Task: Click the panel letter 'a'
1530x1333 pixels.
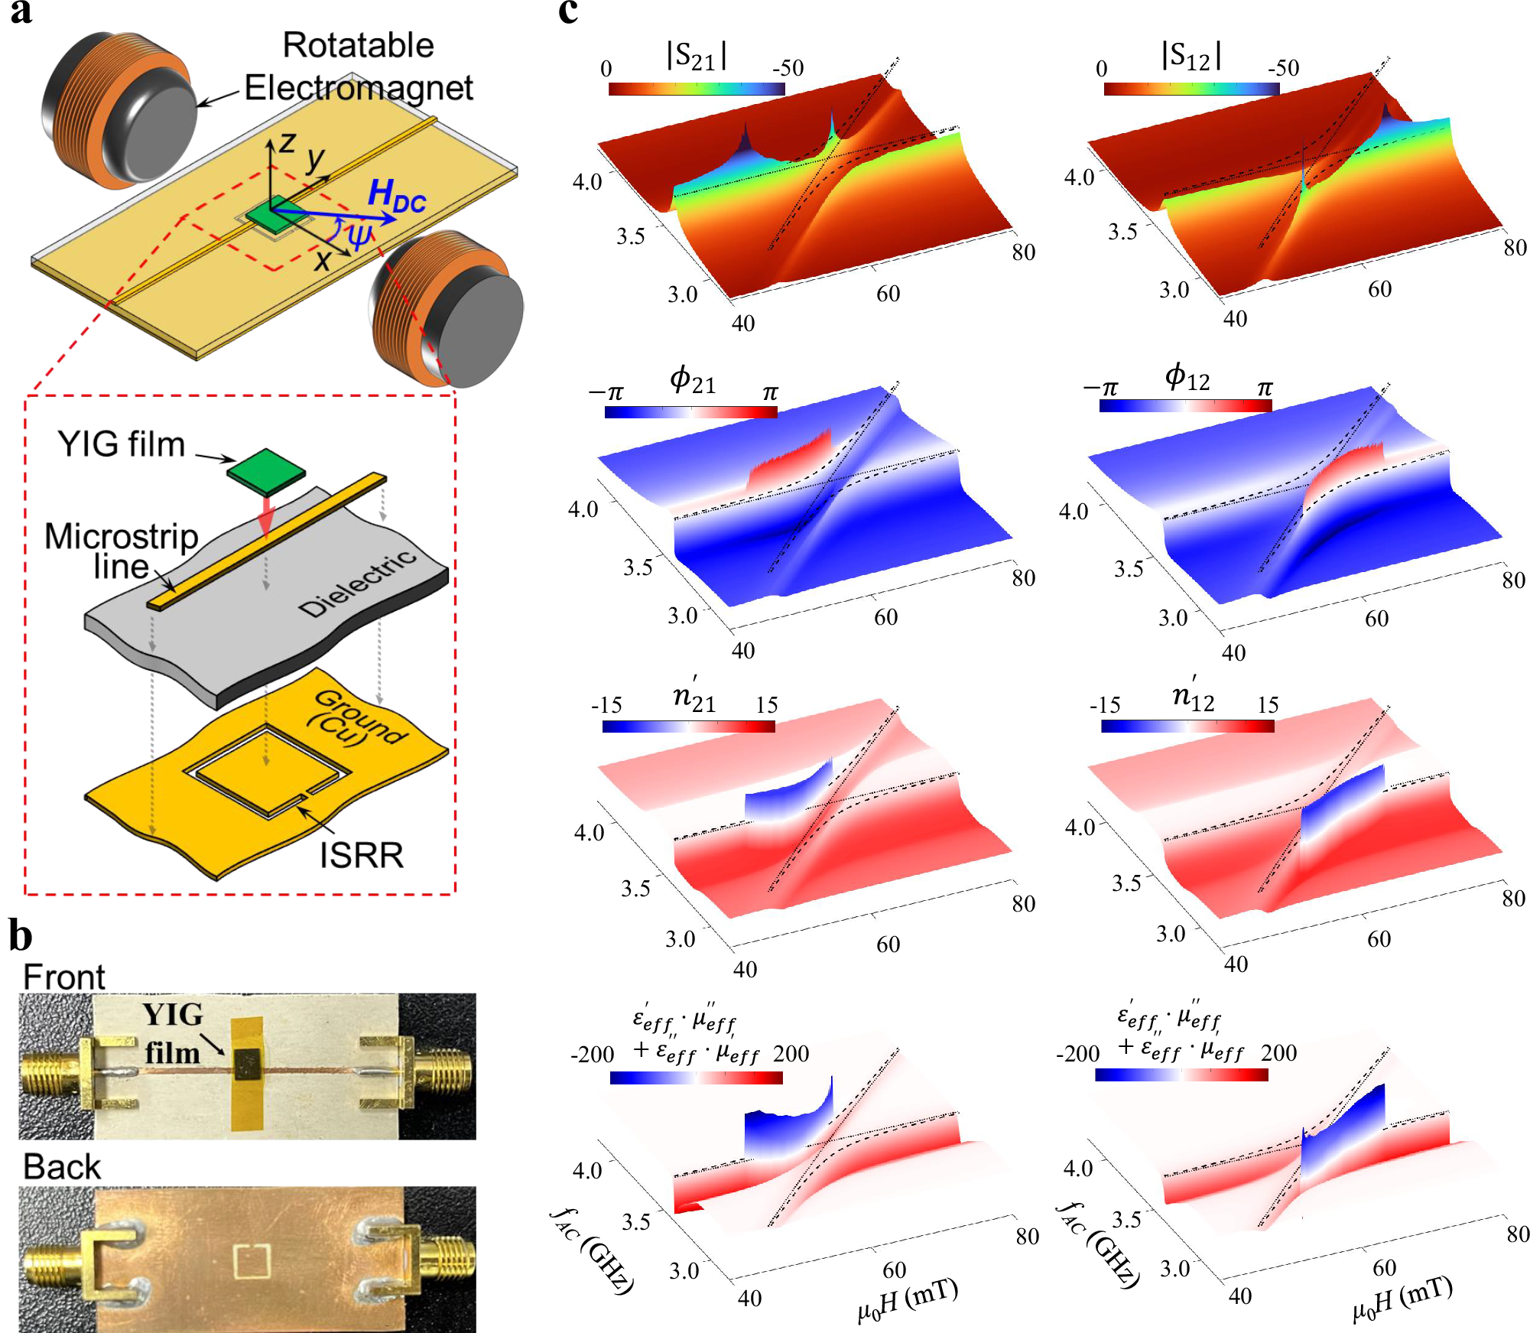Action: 21,13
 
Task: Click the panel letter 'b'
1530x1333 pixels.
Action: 21,936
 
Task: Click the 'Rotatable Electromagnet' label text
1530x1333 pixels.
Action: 358,67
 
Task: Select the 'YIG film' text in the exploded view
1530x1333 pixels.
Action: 122,444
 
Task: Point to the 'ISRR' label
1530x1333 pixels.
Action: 361,855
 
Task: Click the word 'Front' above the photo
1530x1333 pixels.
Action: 63,977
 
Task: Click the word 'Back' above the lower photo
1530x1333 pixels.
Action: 61,1167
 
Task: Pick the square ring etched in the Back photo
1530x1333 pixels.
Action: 252,1262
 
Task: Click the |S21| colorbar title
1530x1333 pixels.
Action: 697,56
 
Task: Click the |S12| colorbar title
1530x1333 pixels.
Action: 1191,56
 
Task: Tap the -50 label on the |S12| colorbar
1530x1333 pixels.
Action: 1283,68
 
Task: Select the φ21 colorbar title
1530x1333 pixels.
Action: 693,380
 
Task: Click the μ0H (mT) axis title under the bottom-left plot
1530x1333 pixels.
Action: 908,1300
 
